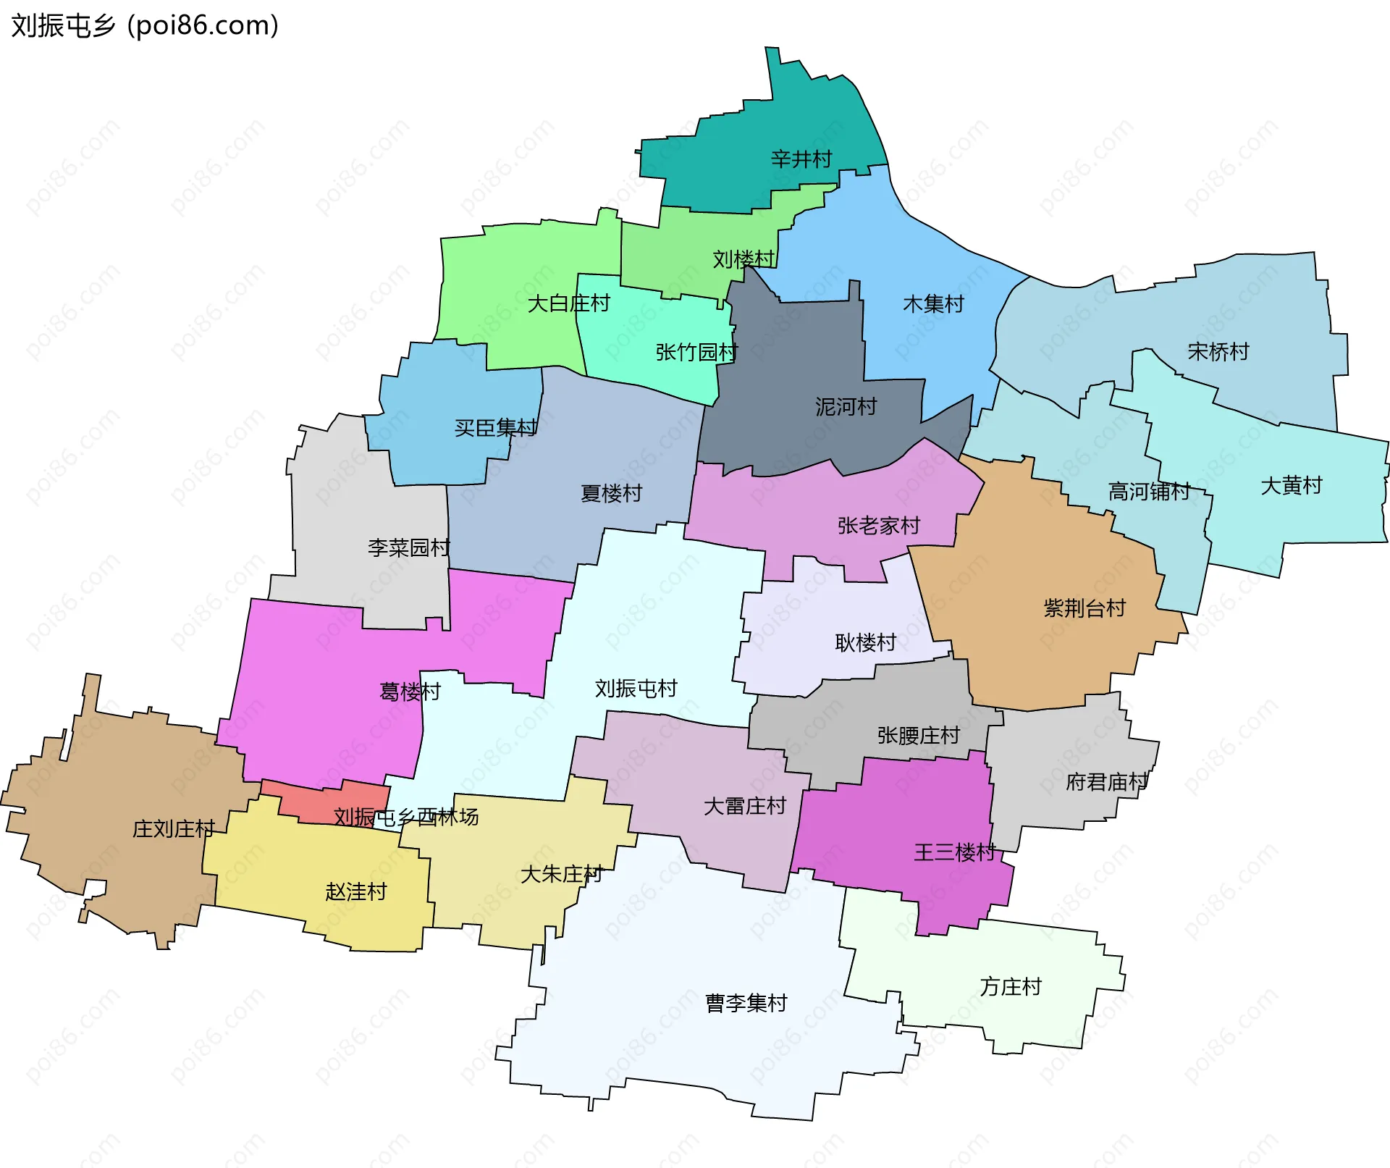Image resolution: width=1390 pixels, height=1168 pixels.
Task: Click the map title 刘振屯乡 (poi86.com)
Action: point(145,26)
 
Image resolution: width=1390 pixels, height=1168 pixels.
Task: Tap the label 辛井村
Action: point(801,159)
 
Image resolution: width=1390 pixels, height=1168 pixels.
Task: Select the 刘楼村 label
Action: point(744,259)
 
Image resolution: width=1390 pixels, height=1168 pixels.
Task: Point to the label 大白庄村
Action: point(568,303)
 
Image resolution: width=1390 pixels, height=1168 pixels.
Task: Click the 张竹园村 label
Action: point(696,352)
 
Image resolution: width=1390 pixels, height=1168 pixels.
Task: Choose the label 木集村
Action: point(933,303)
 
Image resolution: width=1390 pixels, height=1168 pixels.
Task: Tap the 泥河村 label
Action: point(846,406)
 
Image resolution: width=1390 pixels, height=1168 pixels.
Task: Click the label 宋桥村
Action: point(1218,351)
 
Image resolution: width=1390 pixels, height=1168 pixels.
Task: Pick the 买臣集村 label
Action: point(496,427)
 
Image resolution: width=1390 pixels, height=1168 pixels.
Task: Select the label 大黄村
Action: point(1292,485)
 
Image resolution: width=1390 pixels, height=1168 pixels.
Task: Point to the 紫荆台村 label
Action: point(1084,608)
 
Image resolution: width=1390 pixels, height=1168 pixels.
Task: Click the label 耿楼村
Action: point(865,642)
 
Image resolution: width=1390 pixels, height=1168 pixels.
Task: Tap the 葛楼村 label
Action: point(410,692)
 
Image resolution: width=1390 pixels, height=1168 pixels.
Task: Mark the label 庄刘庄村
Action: point(174,828)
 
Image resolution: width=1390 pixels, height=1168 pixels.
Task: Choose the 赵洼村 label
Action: point(355,891)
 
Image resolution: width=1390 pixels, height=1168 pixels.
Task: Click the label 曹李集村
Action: point(746,1003)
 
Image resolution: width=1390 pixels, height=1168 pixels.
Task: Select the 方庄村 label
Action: point(1011,986)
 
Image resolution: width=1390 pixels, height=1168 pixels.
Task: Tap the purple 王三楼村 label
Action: point(955,852)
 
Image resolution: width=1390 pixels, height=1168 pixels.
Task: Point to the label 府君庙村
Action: point(1107,782)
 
